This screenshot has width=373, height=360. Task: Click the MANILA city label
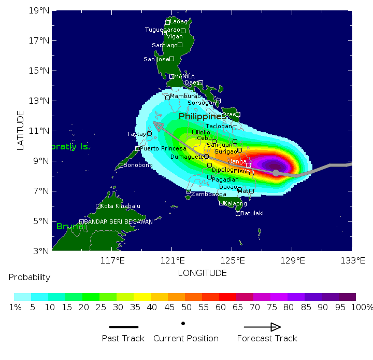184,76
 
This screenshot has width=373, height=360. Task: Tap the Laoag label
179,22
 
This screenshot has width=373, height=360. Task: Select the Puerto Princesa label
163,148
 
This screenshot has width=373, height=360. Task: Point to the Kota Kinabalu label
120,206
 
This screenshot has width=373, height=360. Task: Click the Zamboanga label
209,194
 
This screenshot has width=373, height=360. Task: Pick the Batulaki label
252,213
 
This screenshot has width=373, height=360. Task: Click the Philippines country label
203,116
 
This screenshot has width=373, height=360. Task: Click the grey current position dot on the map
276,173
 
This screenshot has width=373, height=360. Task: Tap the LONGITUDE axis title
202,273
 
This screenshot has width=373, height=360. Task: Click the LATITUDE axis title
21,130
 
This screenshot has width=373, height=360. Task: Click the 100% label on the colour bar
362,307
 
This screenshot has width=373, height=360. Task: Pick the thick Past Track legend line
124,327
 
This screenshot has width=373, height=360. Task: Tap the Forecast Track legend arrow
262,327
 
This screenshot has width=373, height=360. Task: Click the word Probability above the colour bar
30,278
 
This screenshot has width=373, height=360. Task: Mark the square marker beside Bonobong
121,165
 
